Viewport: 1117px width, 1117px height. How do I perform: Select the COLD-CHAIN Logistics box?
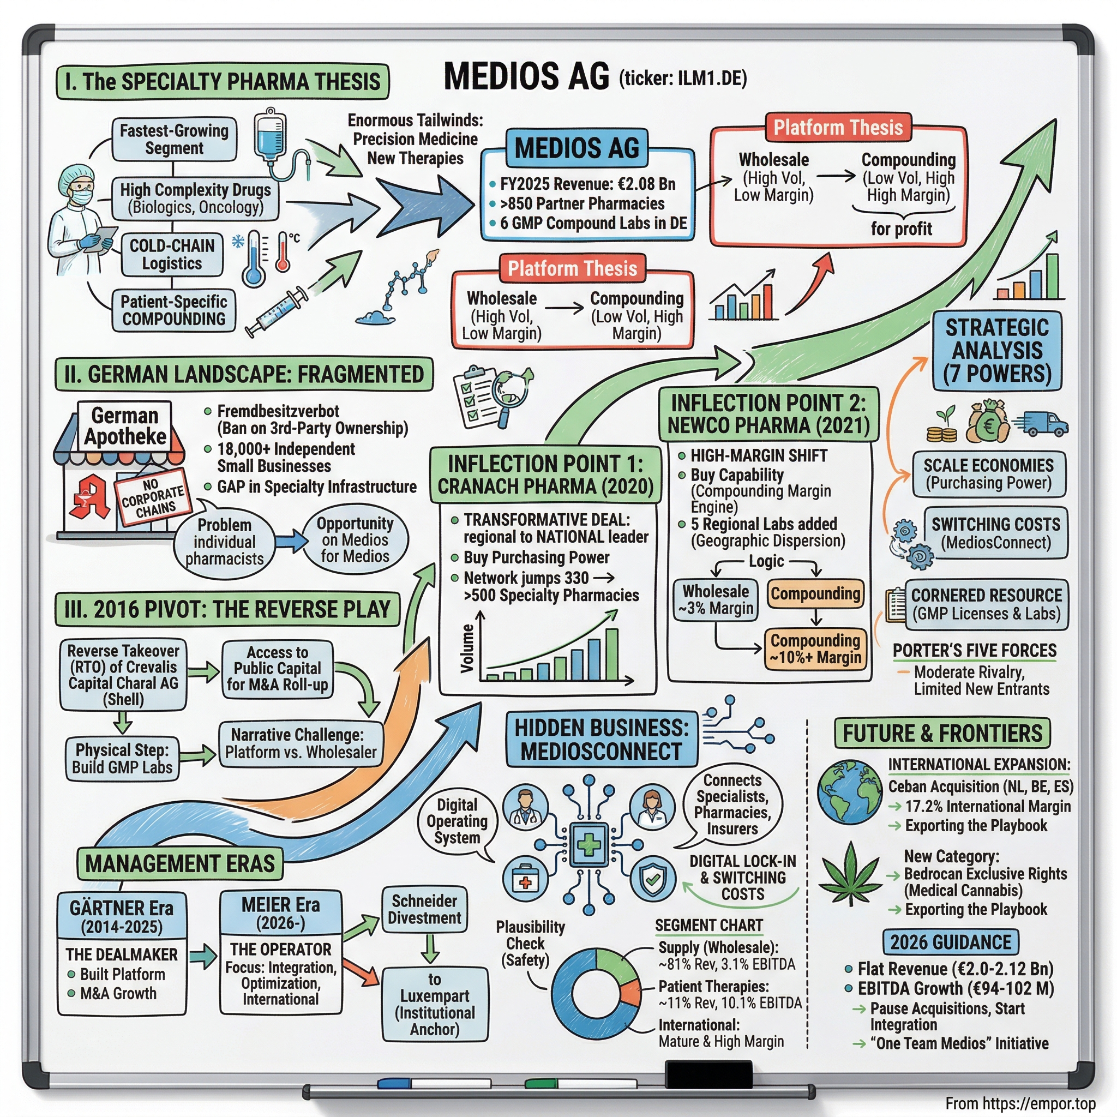[172, 255]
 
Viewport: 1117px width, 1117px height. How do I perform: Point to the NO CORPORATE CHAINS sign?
[153, 497]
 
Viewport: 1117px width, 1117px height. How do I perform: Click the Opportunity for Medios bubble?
[355, 540]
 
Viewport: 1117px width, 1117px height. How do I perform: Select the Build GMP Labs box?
[122, 759]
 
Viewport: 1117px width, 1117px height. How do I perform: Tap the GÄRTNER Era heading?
[122, 917]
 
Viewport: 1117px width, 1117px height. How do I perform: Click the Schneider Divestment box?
[424, 909]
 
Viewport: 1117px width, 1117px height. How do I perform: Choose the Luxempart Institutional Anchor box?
[434, 1004]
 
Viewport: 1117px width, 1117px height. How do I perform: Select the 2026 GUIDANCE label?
[951, 942]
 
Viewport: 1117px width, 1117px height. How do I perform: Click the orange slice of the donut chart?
[631, 992]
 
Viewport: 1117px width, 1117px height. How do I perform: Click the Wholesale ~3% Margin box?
[715, 600]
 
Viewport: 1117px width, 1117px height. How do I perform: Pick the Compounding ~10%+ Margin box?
[815, 648]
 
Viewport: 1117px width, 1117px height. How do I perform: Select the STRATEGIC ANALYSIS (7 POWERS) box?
[997, 351]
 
